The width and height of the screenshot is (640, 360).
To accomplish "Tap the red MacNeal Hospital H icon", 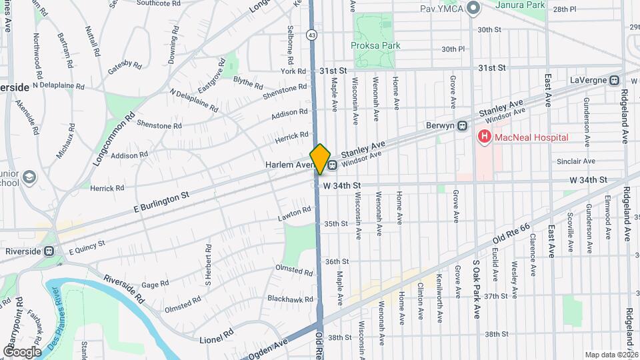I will click(484, 137).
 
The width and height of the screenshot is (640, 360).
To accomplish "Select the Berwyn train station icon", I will click(461, 126).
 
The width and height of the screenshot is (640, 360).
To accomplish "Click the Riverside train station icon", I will click(49, 251).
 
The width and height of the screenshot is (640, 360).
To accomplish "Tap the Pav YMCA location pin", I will click(474, 9).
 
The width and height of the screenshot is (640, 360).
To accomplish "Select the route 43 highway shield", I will click(312, 34).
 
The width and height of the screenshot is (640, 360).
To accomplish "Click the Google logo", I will click(22, 351).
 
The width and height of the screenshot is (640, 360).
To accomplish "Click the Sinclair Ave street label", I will click(576, 161).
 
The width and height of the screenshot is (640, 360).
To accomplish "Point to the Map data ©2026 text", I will click(611, 355).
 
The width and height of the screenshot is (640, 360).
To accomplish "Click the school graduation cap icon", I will click(28, 177).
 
